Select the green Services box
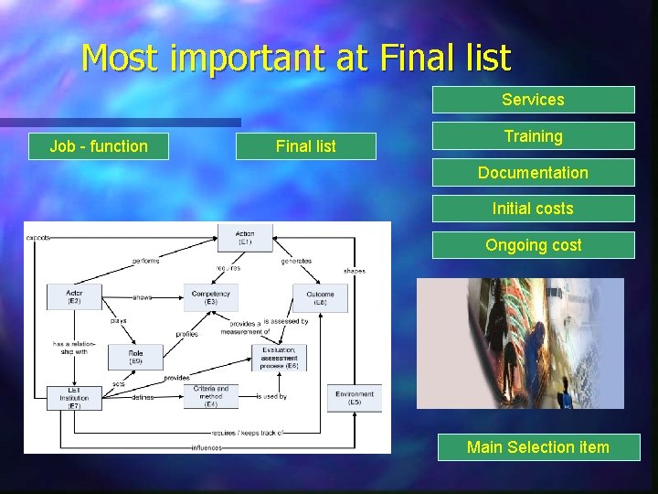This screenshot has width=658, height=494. click(533, 100)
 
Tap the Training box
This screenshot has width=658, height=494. click(533, 136)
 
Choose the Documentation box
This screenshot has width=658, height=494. click(533, 173)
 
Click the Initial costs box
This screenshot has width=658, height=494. click(533, 209)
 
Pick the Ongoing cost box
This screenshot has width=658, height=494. click(533, 245)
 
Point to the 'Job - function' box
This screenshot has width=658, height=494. click(99, 146)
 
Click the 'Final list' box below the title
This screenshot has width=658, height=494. click(305, 146)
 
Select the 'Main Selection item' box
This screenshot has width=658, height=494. click(537, 447)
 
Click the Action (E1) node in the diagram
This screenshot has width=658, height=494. click(245, 238)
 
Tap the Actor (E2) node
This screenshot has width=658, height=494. click(74, 296)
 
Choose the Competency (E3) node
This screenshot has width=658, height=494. click(211, 296)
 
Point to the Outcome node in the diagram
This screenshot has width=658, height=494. click(320, 296)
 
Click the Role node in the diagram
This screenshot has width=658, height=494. click(135, 357)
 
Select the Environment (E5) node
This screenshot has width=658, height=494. click(354, 398)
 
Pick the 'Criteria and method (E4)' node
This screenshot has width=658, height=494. click(210, 396)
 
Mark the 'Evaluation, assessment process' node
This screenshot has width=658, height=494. click(278, 357)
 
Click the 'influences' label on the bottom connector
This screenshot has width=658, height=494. click(206, 447)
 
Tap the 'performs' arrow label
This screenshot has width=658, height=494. click(145, 261)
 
